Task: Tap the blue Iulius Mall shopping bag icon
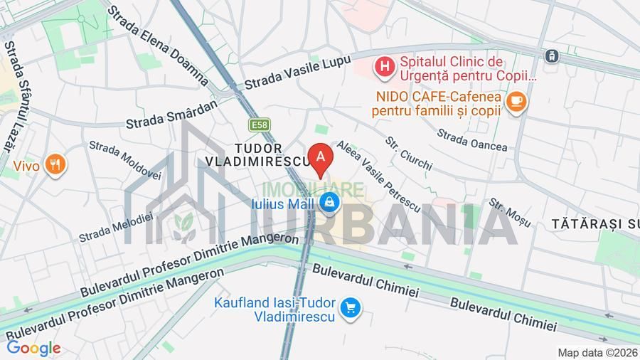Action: click(328, 203)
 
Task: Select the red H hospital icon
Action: click(385, 68)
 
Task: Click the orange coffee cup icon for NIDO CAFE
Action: click(516, 102)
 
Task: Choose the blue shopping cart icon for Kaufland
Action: click(350, 308)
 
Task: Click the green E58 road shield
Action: click(259, 125)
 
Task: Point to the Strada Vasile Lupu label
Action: click(297, 73)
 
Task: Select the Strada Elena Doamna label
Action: click(158, 47)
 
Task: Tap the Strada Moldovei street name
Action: click(125, 159)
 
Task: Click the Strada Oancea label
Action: click(472, 140)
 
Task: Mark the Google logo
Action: click(33, 349)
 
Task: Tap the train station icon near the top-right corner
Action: click(552, 55)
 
